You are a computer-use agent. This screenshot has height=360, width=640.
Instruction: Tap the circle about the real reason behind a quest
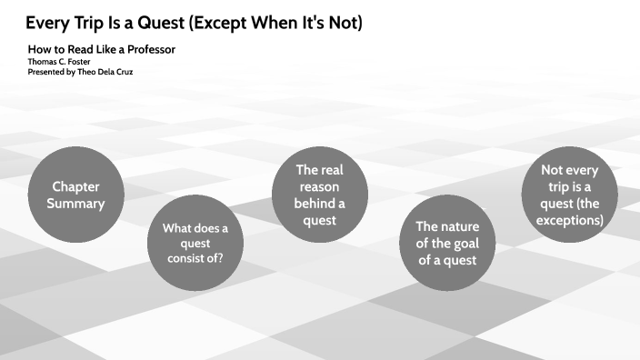tap(319, 195)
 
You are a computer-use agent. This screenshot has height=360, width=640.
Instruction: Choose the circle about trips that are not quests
tap(571, 195)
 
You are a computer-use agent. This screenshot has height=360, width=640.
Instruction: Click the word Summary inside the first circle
tap(75, 203)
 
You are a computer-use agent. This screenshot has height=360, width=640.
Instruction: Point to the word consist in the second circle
tap(188, 258)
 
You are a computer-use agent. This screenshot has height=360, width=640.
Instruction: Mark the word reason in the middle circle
tap(319, 186)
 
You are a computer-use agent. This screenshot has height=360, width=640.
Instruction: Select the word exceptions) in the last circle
tap(571, 219)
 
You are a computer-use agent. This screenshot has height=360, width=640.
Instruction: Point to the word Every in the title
tap(47, 23)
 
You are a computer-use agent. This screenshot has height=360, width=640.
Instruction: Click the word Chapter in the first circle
tap(75, 185)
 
